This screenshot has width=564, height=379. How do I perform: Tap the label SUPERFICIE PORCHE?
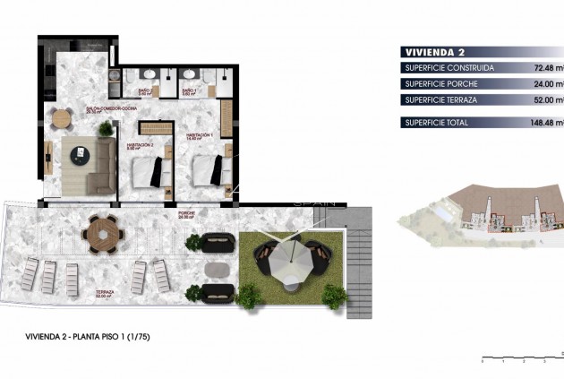[442, 83]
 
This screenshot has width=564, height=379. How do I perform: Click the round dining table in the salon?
[62, 117]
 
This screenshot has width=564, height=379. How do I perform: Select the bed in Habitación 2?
[148, 168]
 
